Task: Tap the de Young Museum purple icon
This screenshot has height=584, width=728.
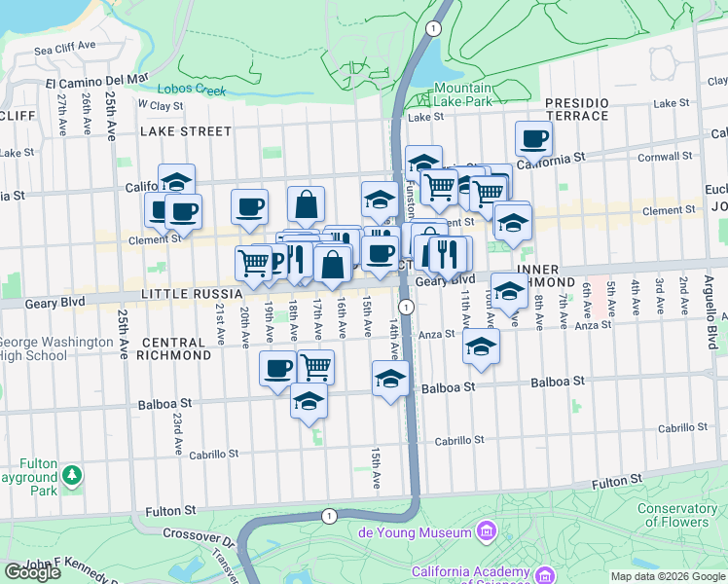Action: (489, 530)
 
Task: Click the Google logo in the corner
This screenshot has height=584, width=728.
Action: (32, 572)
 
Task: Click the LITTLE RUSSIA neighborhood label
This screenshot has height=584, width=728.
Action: (190, 293)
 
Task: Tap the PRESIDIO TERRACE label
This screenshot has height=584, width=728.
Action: (576, 108)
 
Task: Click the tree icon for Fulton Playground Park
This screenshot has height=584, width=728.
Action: (71, 475)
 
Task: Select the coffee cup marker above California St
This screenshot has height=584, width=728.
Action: (532, 139)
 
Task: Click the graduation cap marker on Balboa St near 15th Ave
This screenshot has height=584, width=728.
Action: (390, 378)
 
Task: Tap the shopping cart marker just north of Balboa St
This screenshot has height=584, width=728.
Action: (315, 367)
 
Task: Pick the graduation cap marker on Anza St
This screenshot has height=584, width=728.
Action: (481, 347)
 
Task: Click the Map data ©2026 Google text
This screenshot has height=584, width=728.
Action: (668, 576)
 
